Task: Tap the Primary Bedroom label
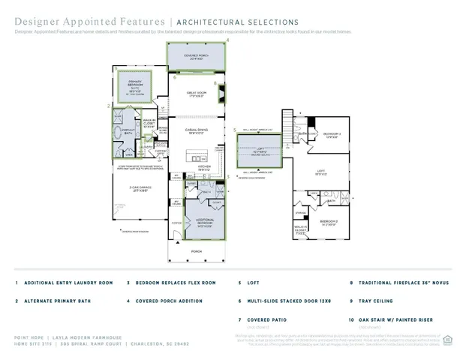click(x=135, y=85)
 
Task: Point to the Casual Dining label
click(x=196, y=130)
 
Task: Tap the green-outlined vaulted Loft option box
click(x=259, y=151)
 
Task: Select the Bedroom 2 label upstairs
click(x=332, y=135)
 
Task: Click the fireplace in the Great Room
click(x=221, y=93)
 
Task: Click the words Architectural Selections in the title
click(x=238, y=22)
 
